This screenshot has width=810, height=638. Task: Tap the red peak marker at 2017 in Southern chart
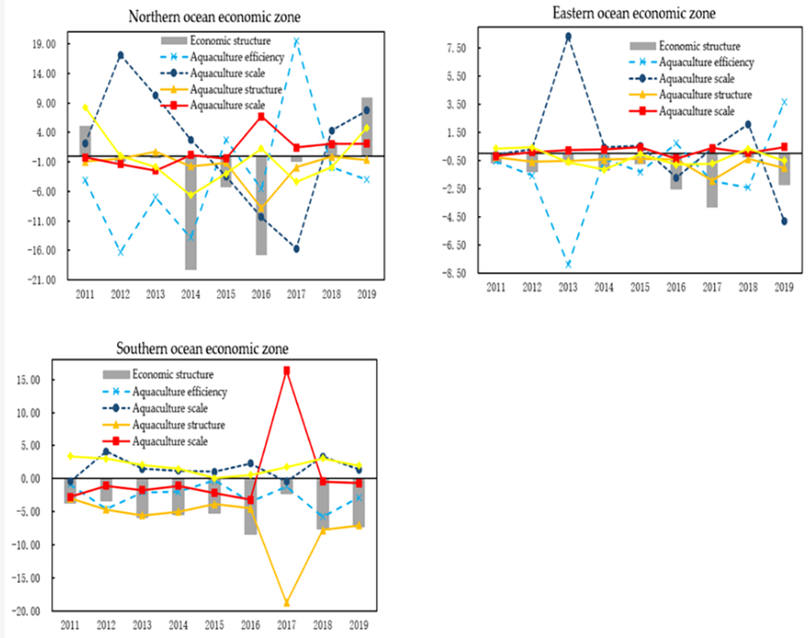coord(287,370)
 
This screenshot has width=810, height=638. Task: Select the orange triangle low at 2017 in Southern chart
coord(287,603)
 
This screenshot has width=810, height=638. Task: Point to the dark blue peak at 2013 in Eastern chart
coord(568,36)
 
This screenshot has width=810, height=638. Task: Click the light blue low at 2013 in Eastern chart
coord(568,264)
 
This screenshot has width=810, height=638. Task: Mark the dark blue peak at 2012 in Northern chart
coord(121,55)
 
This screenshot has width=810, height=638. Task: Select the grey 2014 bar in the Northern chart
coord(191,211)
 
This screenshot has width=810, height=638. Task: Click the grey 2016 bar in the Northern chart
coord(262,204)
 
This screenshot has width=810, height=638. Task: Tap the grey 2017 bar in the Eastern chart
coord(712,181)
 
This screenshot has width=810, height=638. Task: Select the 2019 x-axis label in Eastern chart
coord(784,288)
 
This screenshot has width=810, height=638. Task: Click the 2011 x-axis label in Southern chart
coord(70,626)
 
